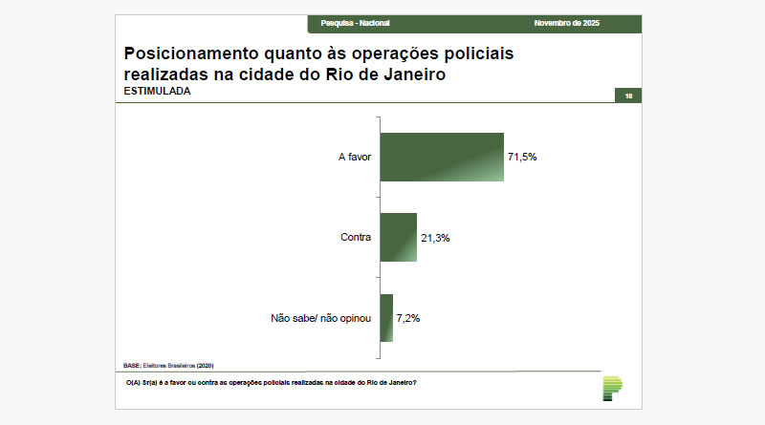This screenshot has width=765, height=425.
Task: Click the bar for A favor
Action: pos(441,157)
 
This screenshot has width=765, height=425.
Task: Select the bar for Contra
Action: pos(398,237)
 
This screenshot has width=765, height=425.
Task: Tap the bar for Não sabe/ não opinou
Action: pos(386,317)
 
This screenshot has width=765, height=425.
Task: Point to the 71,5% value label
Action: pos(522,157)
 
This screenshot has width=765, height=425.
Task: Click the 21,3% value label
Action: pos(435,237)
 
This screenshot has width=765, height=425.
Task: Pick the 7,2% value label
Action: pos(409,317)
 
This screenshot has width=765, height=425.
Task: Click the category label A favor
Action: pos(354,157)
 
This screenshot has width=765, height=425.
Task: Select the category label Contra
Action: pos(356,237)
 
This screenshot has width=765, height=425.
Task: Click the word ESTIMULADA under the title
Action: pos(157,92)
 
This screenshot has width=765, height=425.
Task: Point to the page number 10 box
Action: pos(627,96)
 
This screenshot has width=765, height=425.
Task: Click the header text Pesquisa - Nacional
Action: pos(356,23)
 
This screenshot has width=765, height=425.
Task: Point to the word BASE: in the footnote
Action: pos(132,365)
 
